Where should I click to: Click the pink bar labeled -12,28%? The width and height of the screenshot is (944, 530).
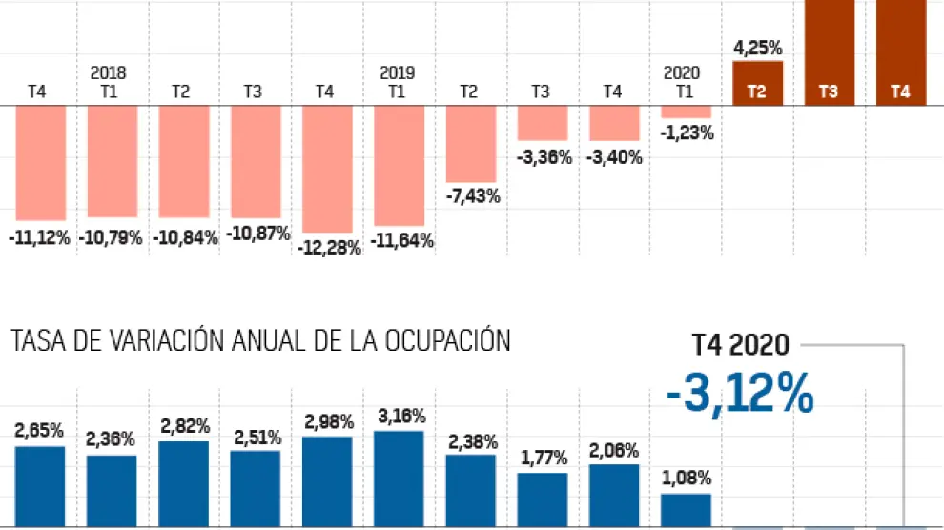point(327,169)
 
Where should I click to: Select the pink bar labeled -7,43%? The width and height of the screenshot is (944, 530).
point(471,143)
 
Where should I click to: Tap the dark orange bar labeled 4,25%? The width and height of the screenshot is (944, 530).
point(757,83)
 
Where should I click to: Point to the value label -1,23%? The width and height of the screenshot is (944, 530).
point(686,133)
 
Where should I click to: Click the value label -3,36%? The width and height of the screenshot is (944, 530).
point(544,157)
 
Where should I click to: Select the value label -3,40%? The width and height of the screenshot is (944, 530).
point(614,157)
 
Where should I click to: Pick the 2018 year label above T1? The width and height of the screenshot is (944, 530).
point(109,72)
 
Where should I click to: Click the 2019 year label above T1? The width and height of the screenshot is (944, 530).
point(398,72)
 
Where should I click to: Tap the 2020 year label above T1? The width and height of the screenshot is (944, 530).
point(683,72)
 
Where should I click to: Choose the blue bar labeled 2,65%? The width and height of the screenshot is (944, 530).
point(40,486)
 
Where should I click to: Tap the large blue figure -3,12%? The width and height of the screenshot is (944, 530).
point(741,393)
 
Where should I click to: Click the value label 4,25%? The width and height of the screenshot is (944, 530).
point(758,47)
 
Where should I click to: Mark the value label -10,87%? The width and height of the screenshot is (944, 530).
point(256,234)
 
